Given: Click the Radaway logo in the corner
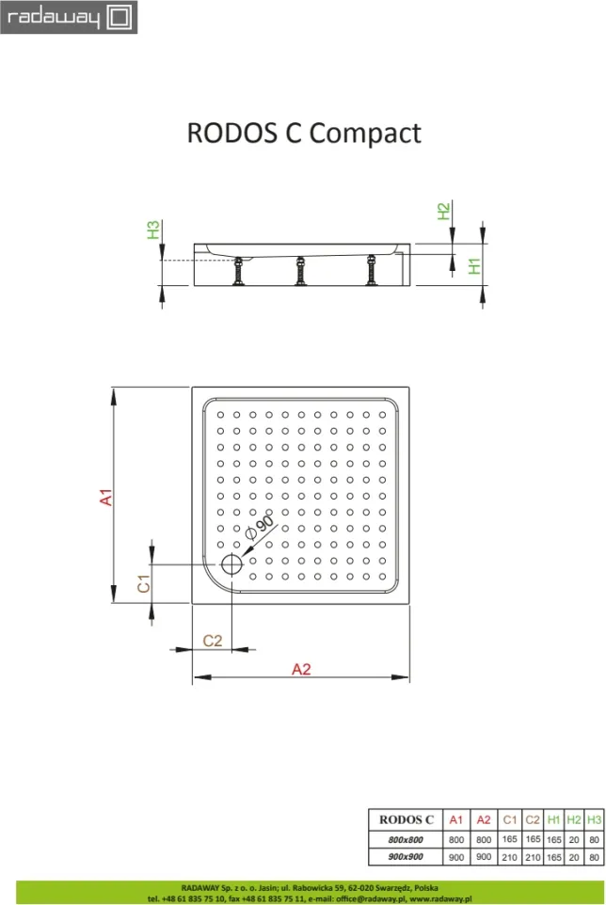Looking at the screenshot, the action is (69, 17).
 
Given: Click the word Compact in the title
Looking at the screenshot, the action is (365, 134).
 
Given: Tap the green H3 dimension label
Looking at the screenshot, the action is (153, 230).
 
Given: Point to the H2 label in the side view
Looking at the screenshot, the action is (443, 212).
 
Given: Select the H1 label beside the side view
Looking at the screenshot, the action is (474, 266).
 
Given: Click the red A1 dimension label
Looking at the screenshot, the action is (106, 497).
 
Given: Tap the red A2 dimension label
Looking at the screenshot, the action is (301, 669).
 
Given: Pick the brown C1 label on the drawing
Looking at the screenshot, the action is (144, 583).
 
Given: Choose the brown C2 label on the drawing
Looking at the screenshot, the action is (213, 641).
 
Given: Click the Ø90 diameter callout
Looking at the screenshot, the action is (259, 527).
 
